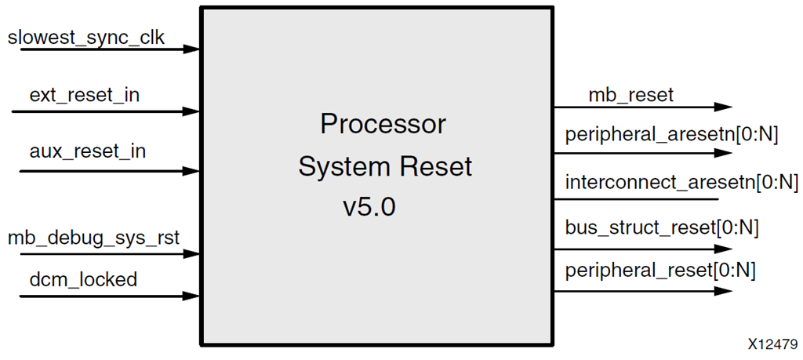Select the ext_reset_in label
[85, 96]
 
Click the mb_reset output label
[630, 96]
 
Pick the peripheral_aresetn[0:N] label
[671, 135]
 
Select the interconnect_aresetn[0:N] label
[681, 184]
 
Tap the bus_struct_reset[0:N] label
[662, 229]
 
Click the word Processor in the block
[383, 125]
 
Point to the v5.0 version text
[369, 208]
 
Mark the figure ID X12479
[772, 344]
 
